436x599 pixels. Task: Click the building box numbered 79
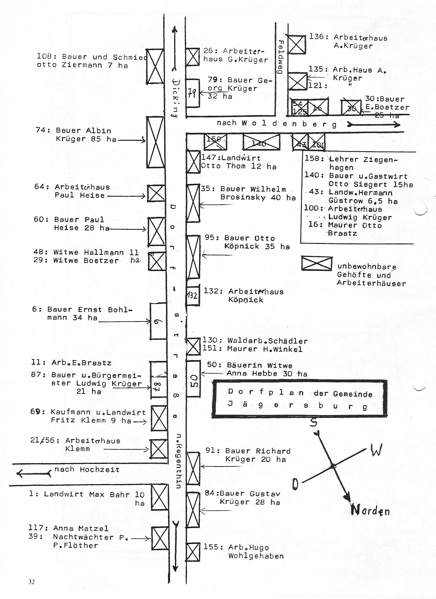coord(193,93)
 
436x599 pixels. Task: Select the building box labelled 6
coord(158,321)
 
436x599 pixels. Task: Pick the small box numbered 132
coord(193,295)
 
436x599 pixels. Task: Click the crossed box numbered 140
coord(261,142)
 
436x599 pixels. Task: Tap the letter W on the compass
coord(376,450)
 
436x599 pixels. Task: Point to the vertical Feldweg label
coord(282,57)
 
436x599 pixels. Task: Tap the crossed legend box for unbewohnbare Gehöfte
coord(317,263)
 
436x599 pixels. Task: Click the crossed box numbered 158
coord(215,142)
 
